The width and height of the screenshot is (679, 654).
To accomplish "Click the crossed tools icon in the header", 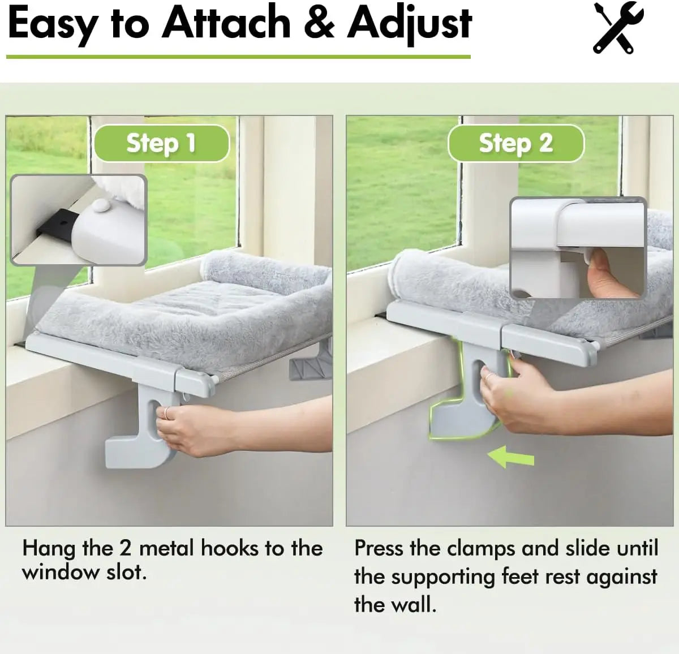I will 618,28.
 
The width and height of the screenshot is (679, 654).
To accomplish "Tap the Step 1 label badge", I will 161,143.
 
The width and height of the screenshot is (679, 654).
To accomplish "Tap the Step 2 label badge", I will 515,143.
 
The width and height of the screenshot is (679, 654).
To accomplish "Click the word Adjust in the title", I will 410,24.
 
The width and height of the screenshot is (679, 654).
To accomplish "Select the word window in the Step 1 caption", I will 54,573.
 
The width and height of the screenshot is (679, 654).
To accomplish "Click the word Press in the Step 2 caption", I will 379,548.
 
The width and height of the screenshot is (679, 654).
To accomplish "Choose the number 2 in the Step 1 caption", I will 125,548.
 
